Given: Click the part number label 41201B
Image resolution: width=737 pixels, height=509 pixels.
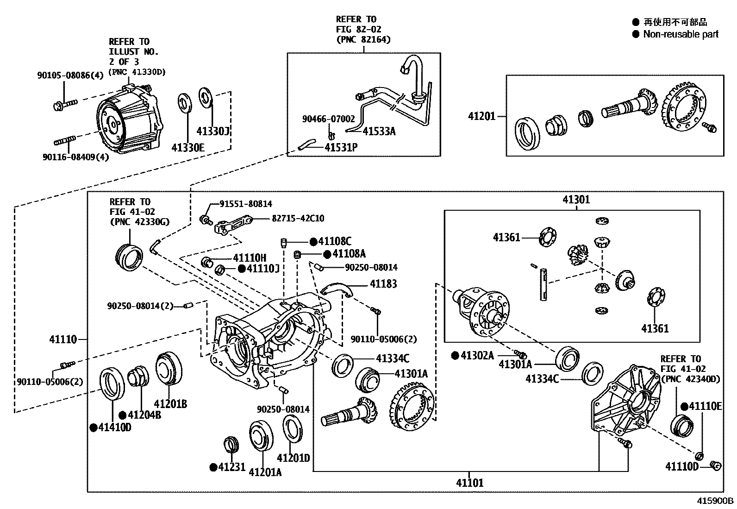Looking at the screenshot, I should [x=170, y=403].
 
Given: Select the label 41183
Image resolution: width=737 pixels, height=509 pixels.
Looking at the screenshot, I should [x=383, y=284].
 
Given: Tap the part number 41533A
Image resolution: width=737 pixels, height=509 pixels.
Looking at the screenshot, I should [x=379, y=132].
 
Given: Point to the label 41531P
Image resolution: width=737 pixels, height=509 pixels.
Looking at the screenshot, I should [x=341, y=148].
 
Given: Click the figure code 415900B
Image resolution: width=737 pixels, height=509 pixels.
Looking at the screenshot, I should [x=716, y=501].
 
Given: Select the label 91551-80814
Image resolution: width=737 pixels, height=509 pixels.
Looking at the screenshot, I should [x=246, y=204].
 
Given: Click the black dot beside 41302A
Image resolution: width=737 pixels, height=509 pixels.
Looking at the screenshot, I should [x=455, y=355].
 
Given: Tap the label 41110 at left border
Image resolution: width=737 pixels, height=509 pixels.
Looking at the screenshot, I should [x=63, y=339].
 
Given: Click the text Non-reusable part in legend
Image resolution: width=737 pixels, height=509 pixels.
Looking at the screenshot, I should [x=681, y=34].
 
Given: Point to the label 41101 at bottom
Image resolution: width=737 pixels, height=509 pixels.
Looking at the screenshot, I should [x=469, y=483].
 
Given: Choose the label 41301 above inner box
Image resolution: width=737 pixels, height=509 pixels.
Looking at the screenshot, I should [x=576, y=200].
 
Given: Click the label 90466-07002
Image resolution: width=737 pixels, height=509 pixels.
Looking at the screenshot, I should [x=328, y=119].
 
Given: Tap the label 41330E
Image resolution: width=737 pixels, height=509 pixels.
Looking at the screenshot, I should [x=187, y=148].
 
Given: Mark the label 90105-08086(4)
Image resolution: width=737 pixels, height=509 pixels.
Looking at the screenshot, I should [x=70, y=75].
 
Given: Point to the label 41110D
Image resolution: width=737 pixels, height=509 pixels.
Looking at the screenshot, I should [x=681, y=466].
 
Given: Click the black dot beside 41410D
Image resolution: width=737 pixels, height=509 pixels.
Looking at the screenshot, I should [x=94, y=427].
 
